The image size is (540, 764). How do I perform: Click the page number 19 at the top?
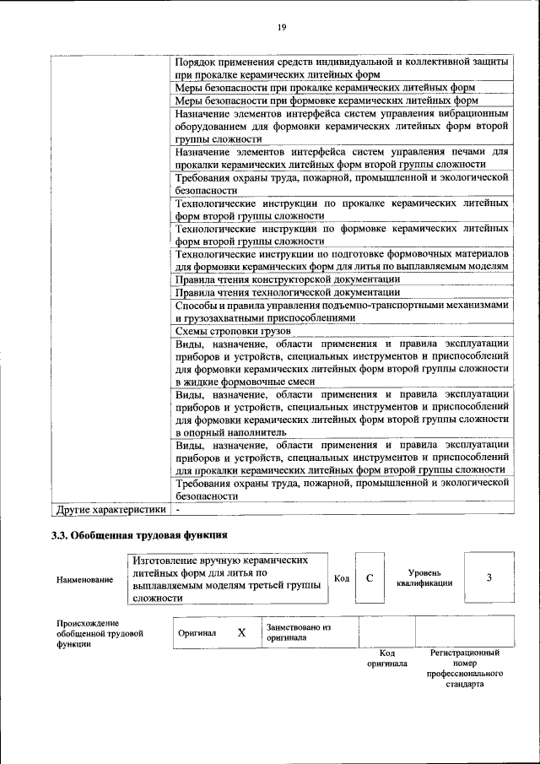click(282, 28)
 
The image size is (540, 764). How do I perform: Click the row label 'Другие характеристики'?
click(109, 510)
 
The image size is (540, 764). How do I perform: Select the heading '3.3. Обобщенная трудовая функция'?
click(139, 534)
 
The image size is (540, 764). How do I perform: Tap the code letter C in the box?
click(370, 578)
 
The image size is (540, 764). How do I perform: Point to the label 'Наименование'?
click(84, 579)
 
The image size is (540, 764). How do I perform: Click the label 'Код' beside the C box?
click(342, 578)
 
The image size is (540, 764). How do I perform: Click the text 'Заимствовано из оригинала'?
click(298, 632)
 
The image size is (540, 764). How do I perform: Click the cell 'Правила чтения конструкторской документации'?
click(287, 279)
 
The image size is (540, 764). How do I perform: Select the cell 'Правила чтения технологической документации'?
click(287, 292)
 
